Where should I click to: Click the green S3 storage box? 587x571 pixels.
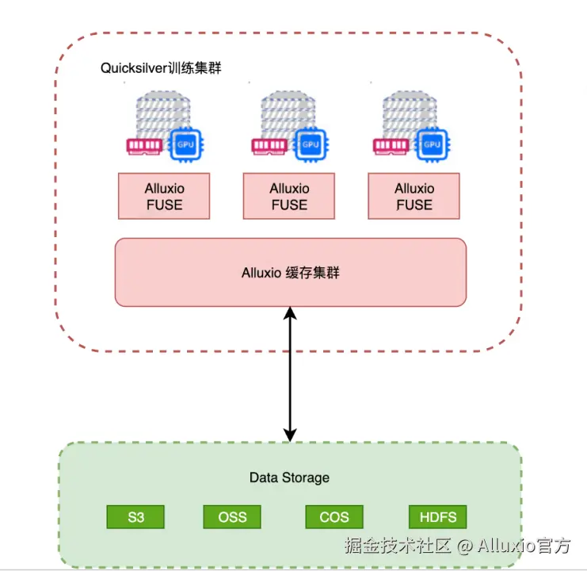pyautogui.click(x=135, y=517)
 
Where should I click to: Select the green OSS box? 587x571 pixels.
pyautogui.click(x=232, y=517)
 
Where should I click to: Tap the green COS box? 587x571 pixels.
pyautogui.click(x=334, y=517)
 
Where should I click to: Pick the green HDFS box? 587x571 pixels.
pyautogui.click(x=437, y=517)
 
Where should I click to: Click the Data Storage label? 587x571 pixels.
pyautogui.click(x=289, y=477)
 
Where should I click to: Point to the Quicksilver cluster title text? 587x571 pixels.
pyautogui.click(x=161, y=68)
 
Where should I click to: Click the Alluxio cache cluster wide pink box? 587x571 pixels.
pyautogui.click(x=291, y=272)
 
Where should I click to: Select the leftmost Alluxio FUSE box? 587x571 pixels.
pyautogui.click(x=164, y=197)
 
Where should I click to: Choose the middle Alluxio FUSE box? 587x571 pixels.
pyautogui.click(x=289, y=197)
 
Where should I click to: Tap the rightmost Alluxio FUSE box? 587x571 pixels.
pyautogui.click(x=414, y=197)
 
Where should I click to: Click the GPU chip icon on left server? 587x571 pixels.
pyautogui.click(x=185, y=145)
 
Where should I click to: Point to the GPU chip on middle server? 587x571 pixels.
pyautogui.click(x=311, y=145)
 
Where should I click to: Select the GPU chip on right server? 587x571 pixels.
pyautogui.click(x=432, y=145)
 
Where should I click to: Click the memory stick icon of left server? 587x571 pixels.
pyautogui.click(x=144, y=145)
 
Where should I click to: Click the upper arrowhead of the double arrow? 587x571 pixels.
pyautogui.click(x=290, y=312)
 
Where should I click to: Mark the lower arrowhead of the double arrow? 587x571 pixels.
pyautogui.click(x=290, y=435)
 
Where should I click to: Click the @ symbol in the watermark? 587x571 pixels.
pyautogui.click(x=464, y=546)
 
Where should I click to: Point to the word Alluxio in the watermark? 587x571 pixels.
pyautogui.click(x=506, y=546)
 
